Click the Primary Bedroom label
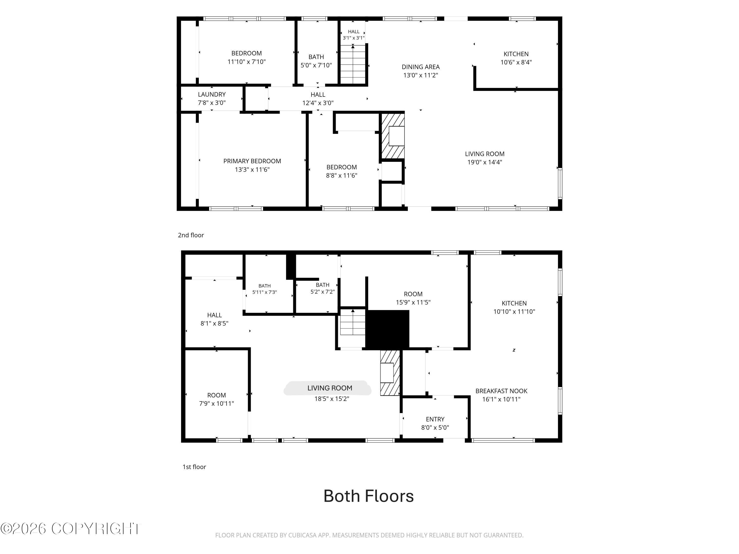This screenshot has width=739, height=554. point(252,161)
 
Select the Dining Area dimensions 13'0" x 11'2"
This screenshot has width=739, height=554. point(421,75)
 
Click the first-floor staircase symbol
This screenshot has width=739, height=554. point(353,322)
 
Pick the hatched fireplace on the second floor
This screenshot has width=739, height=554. point(393,136)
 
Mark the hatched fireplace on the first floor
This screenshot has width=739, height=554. point(390,373)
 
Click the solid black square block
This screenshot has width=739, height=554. point(387,330)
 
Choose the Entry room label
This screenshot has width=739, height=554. point(435,419)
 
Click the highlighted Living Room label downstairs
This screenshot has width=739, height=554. point(330,388)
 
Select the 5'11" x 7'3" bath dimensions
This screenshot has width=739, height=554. point(265,292)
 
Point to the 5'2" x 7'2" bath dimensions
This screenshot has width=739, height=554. point(322,292)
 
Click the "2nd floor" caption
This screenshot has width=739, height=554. point(191,235)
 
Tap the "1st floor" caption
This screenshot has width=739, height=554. point(194,467)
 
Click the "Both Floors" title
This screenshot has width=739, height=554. point(369,496)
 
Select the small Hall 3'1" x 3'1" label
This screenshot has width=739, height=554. point(353,35)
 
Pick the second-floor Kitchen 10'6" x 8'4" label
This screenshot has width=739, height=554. point(516,58)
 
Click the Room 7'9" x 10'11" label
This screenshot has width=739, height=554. point(217,399)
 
